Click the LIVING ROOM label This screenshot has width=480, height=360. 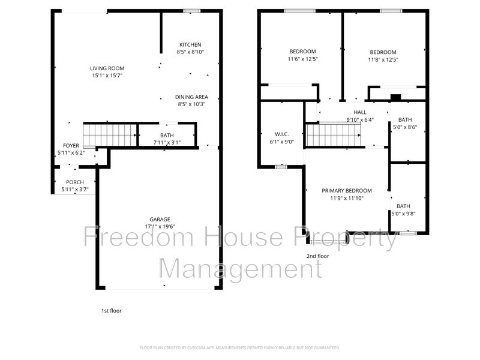pyautogui.click(x=107, y=68)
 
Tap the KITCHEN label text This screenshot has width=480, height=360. pyautogui.click(x=190, y=44)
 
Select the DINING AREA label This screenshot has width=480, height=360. pyautogui.click(x=191, y=97)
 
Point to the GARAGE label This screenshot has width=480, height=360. pyautogui.click(x=160, y=219)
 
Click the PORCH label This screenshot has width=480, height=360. pyautogui.click(x=75, y=182)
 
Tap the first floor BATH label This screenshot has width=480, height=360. pyautogui.click(x=167, y=135)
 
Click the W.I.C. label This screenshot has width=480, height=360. pyautogui.click(x=281, y=134)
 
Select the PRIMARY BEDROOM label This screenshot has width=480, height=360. pyautogui.click(x=347, y=190)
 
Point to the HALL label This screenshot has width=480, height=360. pyautogui.click(x=360, y=112)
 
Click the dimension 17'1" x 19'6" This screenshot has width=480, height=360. pyautogui.click(x=160, y=226)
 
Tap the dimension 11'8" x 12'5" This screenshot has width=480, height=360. pyautogui.click(x=383, y=59)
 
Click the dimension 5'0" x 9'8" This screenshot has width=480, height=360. pyautogui.click(x=404, y=214)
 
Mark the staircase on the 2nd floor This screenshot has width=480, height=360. pyautogui.click(x=334, y=135)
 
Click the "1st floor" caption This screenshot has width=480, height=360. pyautogui.click(x=111, y=311)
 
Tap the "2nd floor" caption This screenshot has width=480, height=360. pyautogui.click(x=318, y=256)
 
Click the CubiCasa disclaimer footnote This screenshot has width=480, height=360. pyautogui.click(x=240, y=347)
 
